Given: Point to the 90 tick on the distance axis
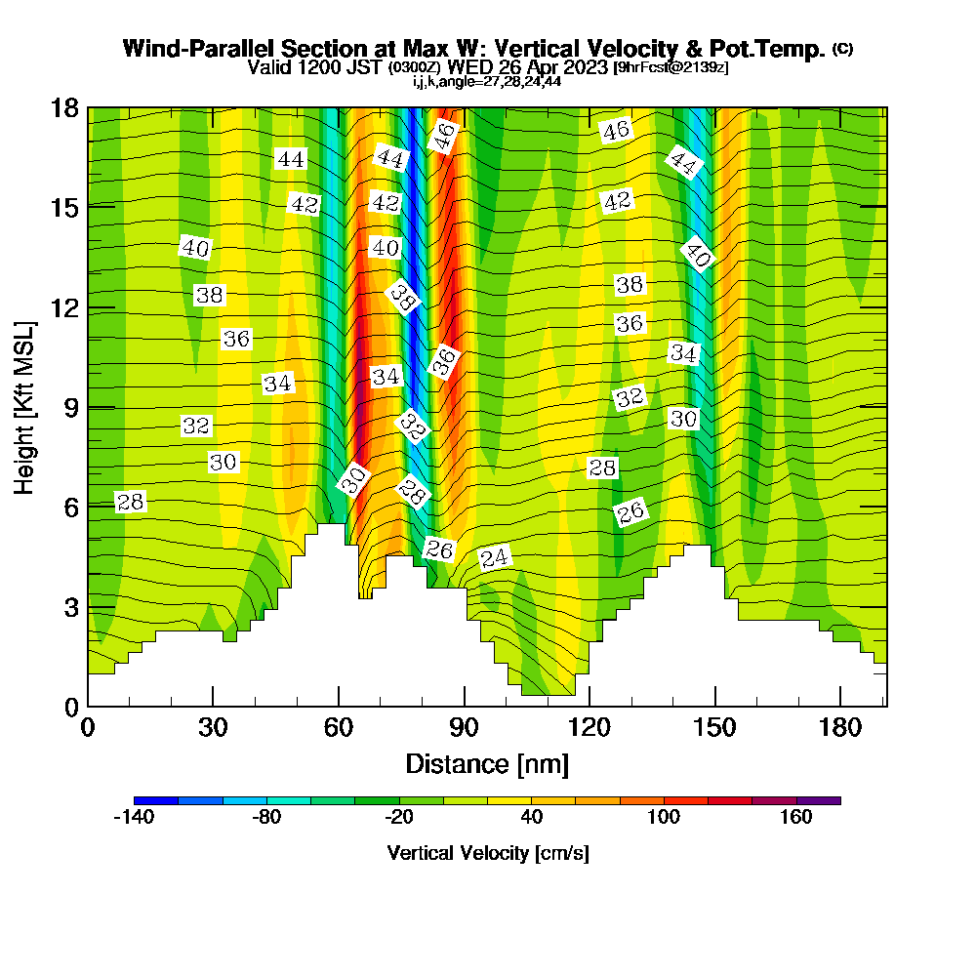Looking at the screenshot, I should coord(465,707).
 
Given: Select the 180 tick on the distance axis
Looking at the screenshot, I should coord(841,707).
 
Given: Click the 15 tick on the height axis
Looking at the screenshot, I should coord(88,207).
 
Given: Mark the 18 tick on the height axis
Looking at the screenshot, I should coord(88,107).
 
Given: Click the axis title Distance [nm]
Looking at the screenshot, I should coord(487,763).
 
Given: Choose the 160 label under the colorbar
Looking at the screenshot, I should coord(796,818).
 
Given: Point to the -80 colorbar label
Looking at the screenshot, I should coord(266,818).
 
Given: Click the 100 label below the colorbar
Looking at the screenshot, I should coord(664,818).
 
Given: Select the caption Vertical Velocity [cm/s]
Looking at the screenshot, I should coord(487,854).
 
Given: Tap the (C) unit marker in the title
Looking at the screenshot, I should coord(842,49).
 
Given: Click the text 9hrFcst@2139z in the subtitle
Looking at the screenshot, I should coord(671,67).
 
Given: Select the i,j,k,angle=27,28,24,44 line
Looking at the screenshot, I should coord(487,82).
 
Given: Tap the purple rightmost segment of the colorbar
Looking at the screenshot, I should coord(818,800).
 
